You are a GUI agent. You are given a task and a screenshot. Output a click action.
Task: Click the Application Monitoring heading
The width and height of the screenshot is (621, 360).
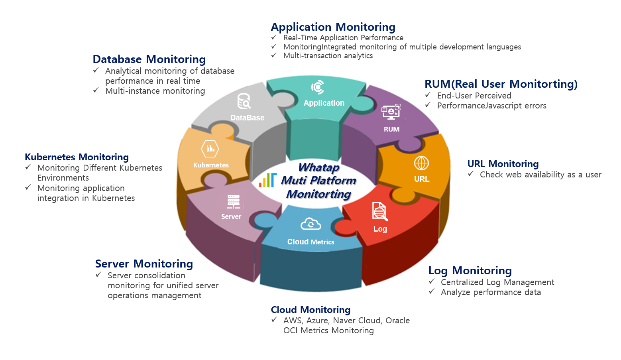point(333,27)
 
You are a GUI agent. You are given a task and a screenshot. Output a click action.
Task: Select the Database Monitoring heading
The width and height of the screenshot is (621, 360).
point(149,59)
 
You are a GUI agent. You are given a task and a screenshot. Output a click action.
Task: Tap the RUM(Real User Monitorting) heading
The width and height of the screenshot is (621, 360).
point(501,84)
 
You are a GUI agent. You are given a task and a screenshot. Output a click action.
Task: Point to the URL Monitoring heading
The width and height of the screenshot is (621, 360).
point(503,164)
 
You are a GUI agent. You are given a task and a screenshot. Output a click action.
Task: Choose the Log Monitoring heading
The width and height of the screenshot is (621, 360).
point(470,271)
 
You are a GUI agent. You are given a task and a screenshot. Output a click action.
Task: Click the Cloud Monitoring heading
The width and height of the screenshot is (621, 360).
point(310,310)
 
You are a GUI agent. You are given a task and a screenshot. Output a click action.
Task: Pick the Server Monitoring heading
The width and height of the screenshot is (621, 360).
point(144,264)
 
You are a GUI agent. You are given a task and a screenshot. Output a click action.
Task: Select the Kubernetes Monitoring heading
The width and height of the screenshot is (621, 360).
point(77,157)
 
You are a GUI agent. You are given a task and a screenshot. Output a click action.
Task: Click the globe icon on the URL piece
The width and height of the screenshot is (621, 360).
point(421,163)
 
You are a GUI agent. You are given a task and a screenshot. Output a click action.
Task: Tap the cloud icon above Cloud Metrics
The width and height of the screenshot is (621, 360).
point(310,224)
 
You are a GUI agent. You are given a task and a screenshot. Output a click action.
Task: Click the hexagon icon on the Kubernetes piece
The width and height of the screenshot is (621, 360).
point(210,149)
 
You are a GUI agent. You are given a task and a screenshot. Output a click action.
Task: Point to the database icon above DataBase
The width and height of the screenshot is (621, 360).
point(244,101)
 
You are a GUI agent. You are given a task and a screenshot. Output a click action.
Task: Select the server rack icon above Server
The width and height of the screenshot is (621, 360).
point(234,202)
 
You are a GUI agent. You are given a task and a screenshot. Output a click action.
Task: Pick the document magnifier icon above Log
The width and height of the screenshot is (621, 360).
point(379,211)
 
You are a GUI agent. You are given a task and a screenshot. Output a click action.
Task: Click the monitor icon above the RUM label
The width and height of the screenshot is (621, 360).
point(391,112)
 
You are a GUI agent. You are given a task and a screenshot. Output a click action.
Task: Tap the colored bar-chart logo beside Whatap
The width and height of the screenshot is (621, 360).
point(267,180)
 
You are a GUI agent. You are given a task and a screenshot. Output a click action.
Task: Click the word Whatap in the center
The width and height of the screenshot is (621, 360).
point(319,167)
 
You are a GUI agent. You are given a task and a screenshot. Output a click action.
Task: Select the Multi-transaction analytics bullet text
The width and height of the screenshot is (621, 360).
point(328,56)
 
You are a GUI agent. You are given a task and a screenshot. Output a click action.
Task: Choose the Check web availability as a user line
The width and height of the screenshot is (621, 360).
point(540,175)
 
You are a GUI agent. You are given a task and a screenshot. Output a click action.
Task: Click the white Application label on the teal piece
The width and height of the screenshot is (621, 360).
point(324,103)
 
